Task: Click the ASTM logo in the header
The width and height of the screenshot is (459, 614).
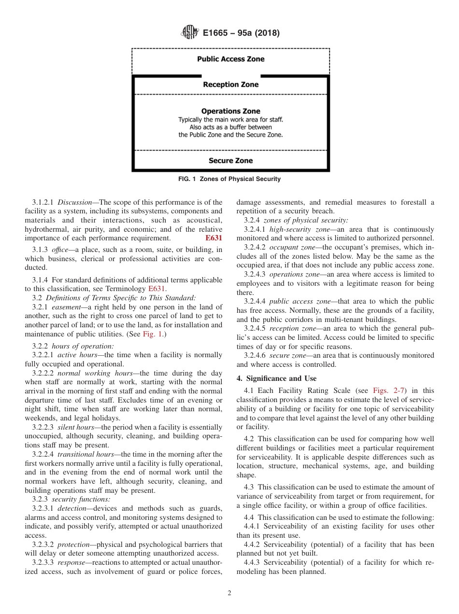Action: (189, 33)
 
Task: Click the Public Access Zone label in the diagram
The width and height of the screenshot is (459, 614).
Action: (230, 59)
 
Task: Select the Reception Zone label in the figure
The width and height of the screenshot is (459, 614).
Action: (230, 84)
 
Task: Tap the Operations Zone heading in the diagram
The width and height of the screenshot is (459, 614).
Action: (230, 111)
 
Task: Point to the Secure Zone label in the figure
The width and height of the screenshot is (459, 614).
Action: (230, 161)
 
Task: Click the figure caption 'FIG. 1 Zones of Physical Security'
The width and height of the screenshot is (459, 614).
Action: (229, 179)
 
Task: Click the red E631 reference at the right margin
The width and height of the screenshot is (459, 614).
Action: (214, 238)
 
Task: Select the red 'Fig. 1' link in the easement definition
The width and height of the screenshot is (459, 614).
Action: (197, 334)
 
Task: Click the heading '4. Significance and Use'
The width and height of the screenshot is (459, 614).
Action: (276, 378)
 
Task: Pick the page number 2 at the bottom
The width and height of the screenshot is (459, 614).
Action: (229, 593)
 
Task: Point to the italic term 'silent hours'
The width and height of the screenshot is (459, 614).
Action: (72, 427)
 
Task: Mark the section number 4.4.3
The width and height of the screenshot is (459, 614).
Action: (252, 563)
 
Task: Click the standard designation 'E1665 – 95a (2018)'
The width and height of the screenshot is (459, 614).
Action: (241, 33)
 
